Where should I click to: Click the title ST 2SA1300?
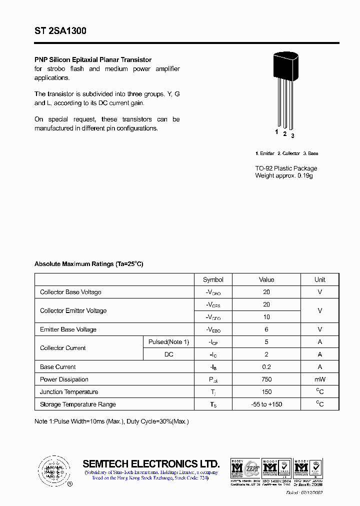[x=60, y=31]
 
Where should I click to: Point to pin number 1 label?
[x=276, y=132]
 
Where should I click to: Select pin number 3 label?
[x=292, y=135]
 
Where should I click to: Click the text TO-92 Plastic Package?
[x=286, y=168]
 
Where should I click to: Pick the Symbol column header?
[x=213, y=279]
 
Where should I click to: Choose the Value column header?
[x=266, y=279]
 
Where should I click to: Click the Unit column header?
[x=320, y=279]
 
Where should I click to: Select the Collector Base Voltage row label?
[x=70, y=292]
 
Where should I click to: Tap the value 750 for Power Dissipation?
[x=266, y=379]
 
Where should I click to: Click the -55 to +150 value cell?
[x=266, y=404]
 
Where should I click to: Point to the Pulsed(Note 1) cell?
[x=168, y=342]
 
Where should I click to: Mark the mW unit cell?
[x=320, y=379]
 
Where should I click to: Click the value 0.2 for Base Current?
[x=266, y=367]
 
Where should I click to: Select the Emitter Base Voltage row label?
[x=68, y=329]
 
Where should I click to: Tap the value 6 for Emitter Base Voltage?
[x=266, y=329]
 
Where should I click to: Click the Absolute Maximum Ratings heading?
[x=88, y=264]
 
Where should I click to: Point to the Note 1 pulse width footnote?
[x=111, y=421]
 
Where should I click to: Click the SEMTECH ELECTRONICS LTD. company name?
[x=151, y=463]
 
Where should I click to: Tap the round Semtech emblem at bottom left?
[x=53, y=470]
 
